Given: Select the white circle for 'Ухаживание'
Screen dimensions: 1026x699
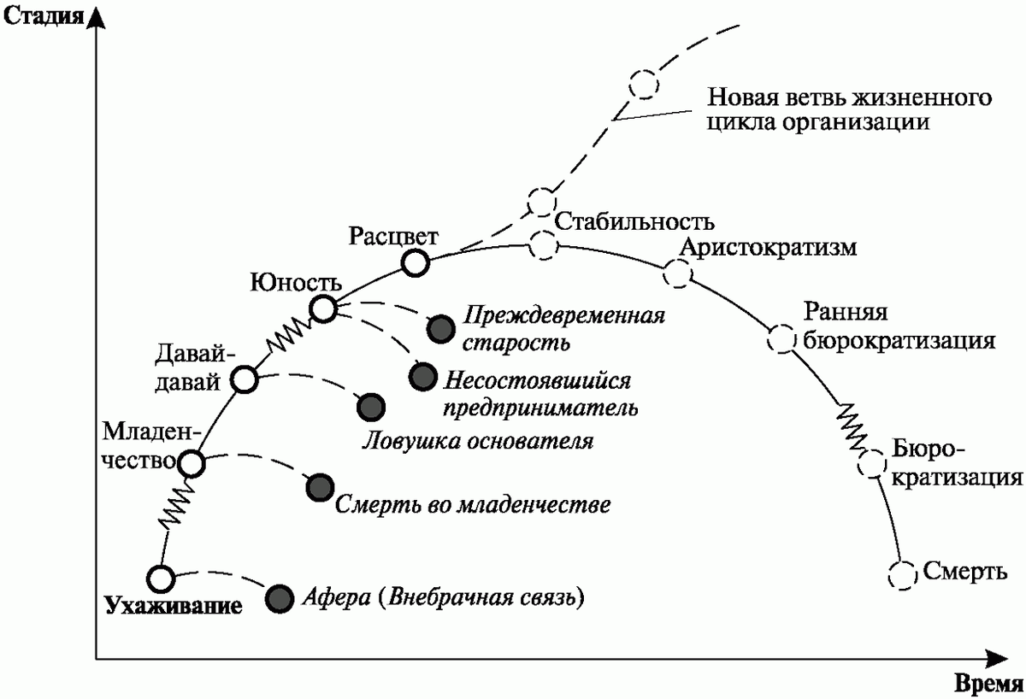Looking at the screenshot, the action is point(160,579).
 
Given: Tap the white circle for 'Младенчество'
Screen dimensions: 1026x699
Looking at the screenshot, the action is point(192,463).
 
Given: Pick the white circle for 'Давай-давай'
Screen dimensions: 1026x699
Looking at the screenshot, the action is point(245,380).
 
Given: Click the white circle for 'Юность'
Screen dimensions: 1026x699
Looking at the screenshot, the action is point(324,308).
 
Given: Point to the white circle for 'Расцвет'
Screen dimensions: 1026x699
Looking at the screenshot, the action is point(415,263).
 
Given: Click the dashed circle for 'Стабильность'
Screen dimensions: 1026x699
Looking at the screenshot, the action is point(542,245).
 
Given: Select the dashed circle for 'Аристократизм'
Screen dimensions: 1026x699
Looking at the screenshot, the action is point(676,273).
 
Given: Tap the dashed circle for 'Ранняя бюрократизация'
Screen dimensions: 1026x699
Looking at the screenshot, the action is point(781,338).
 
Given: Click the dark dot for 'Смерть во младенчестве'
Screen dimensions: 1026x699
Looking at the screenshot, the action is point(320,487).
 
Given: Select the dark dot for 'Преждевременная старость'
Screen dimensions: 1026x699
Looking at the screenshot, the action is point(440,327).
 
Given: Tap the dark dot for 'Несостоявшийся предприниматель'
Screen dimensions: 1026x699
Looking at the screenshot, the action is point(422,376).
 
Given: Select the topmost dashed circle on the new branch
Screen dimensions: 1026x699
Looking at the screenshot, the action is point(644,85).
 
